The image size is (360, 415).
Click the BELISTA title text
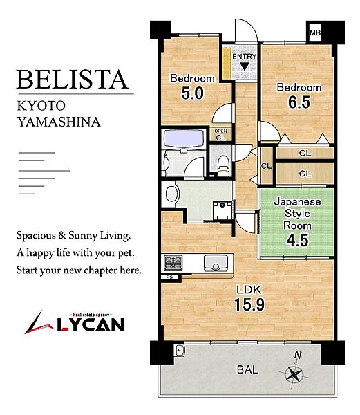coord(72,80)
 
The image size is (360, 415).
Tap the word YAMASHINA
coord(59,122)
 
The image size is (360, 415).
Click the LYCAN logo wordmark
coord(91,324)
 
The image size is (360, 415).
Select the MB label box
coord(315,33)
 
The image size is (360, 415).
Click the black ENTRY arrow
coord(245,66)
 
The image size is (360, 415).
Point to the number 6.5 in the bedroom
coord(299,102)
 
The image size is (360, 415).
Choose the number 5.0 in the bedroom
coord(192,93)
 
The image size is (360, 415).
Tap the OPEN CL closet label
coord(220,135)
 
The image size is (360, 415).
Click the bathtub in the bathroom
coord(184,139)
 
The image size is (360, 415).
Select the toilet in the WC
coord(223,165)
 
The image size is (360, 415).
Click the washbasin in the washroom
coord(172,194)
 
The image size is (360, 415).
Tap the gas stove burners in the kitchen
coord(173,263)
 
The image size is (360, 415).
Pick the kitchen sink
coord(216,263)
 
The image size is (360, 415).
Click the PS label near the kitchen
coord(170,277)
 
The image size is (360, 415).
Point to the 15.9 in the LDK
coord(249,304)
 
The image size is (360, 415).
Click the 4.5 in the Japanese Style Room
coord(297,240)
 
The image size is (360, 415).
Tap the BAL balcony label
coord(247,369)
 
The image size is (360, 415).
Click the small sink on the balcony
coord(180,351)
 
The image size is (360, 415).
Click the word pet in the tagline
coord(126,253)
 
